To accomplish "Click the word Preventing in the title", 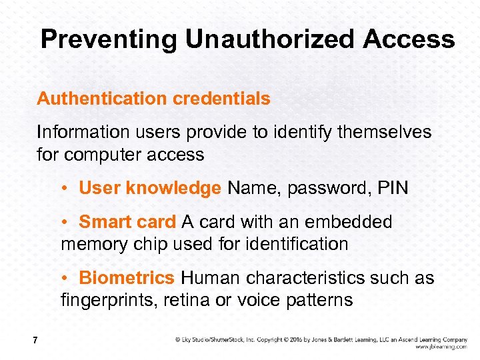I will (109, 40).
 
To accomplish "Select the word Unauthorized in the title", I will (271, 40).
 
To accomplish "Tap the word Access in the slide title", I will (409, 40).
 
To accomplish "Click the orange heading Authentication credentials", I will (153, 99).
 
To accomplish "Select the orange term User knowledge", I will (149, 188).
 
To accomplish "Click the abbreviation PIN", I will (391, 188).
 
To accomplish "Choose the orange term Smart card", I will (127, 221).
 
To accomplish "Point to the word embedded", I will (348, 221).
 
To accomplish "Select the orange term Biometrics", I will (127, 277).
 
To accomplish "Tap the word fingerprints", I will (107, 300).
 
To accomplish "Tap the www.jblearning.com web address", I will (441, 347).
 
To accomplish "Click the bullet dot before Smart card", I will (68, 222).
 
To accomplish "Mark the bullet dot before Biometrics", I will (68, 278).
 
